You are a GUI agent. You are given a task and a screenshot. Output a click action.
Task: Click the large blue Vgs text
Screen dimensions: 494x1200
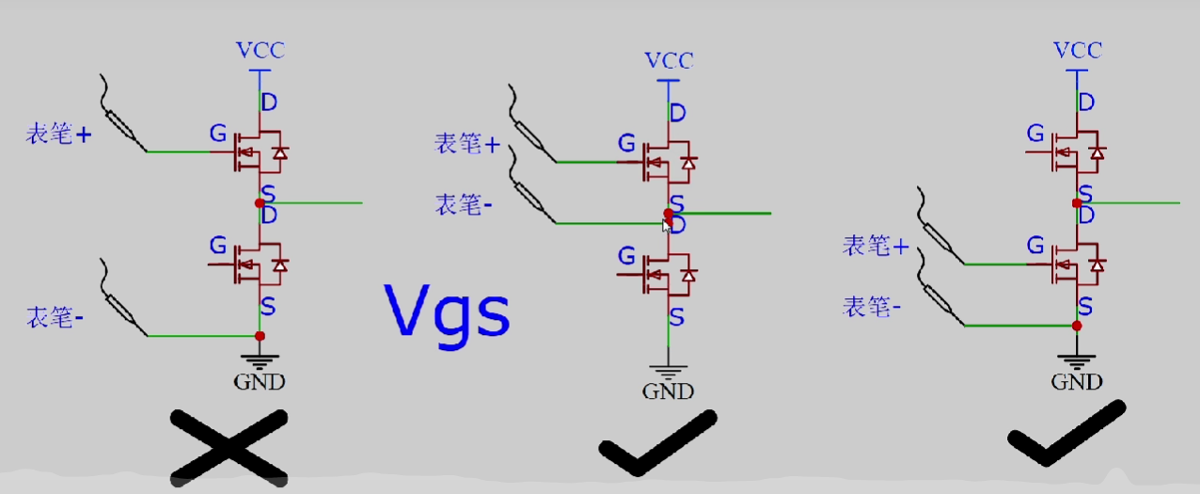coord(447,312)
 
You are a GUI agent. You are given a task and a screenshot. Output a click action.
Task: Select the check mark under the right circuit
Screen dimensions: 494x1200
coord(1066,434)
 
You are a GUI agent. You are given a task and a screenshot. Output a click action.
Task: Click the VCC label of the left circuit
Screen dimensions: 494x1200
coord(259,50)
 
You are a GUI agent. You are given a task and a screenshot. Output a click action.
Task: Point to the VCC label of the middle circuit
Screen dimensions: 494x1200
coord(669,61)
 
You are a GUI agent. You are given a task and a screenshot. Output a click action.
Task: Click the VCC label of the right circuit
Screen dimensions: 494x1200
coord(1077,50)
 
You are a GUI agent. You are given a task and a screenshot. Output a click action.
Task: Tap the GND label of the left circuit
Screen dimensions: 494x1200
coord(259,381)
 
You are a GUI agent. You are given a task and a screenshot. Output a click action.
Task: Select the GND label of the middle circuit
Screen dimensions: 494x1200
coord(669,390)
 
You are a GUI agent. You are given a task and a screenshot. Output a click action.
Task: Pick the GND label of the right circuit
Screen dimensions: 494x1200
coord(1077,381)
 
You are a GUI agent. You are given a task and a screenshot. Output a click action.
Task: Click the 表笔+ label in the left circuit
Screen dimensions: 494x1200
coord(59,135)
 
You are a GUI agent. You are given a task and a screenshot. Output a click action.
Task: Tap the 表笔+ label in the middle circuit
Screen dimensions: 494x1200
coord(467,144)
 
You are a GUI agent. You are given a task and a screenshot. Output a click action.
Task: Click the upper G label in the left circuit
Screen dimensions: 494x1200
coord(218,136)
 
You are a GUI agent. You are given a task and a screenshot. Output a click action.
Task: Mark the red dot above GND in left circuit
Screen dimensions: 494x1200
coord(260,336)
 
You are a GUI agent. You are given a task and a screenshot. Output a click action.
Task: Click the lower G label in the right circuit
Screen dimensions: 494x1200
coord(1035,247)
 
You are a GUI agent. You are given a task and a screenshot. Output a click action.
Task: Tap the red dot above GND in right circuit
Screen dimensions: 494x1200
coord(1077,326)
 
